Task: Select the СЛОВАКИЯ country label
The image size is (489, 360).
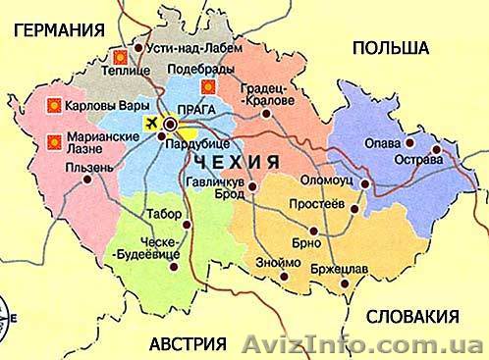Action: click(x=411, y=316)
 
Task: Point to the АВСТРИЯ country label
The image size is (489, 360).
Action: click(x=186, y=343)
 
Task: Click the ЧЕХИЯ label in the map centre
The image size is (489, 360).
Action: click(x=239, y=159)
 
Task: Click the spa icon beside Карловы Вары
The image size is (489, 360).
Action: click(x=55, y=103)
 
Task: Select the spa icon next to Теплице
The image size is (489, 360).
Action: click(x=120, y=56)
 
